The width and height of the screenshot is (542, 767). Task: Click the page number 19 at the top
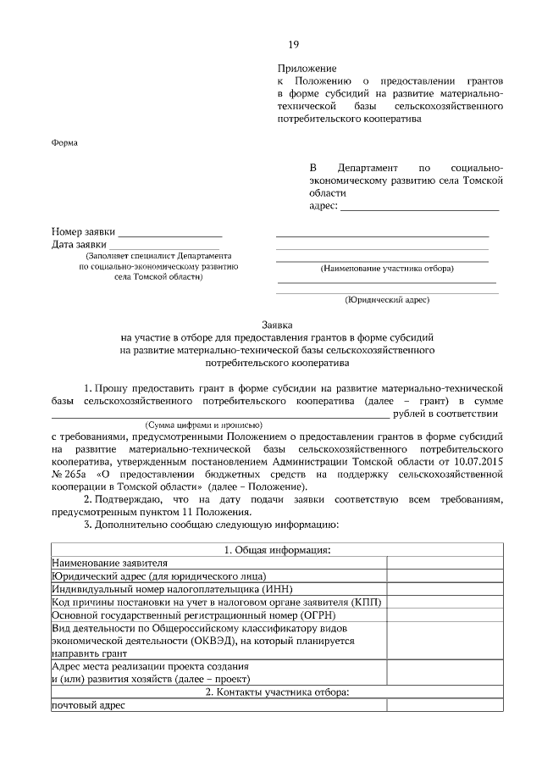(293, 45)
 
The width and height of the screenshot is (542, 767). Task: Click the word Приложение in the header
(307, 68)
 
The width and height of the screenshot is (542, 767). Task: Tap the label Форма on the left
(64, 142)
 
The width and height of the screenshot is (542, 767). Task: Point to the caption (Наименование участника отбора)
(386, 269)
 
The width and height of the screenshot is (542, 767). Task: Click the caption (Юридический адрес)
(387, 299)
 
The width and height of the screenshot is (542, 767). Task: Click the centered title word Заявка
(277, 324)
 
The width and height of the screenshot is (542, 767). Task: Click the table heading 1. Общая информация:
(277, 550)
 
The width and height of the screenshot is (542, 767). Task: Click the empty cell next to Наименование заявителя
(445, 563)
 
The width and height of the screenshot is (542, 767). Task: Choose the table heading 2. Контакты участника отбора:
(277, 692)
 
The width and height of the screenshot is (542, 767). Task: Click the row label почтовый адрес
(88, 705)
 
